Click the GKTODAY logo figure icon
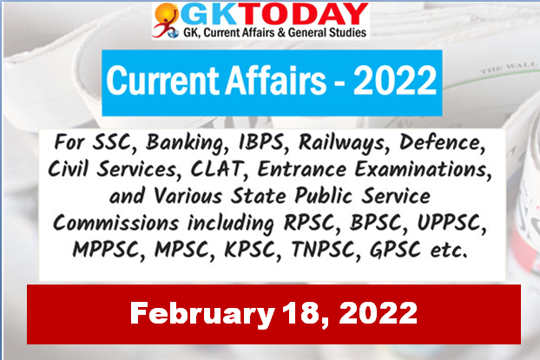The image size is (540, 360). tap(167, 20)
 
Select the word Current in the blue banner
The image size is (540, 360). tap(163, 82)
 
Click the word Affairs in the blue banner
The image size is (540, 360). tap(275, 82)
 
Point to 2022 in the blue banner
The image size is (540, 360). tap(395, 82)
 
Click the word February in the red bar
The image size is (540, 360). tap(202, 314)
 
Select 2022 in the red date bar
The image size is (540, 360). tap(378, 313)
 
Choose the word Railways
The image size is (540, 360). tap(341, 143)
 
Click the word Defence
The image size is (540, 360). tap(442, 142)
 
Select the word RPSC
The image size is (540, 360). tap(309, 223)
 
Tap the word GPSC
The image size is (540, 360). tap(395, 250)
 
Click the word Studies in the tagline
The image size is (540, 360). tap(347, 33)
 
